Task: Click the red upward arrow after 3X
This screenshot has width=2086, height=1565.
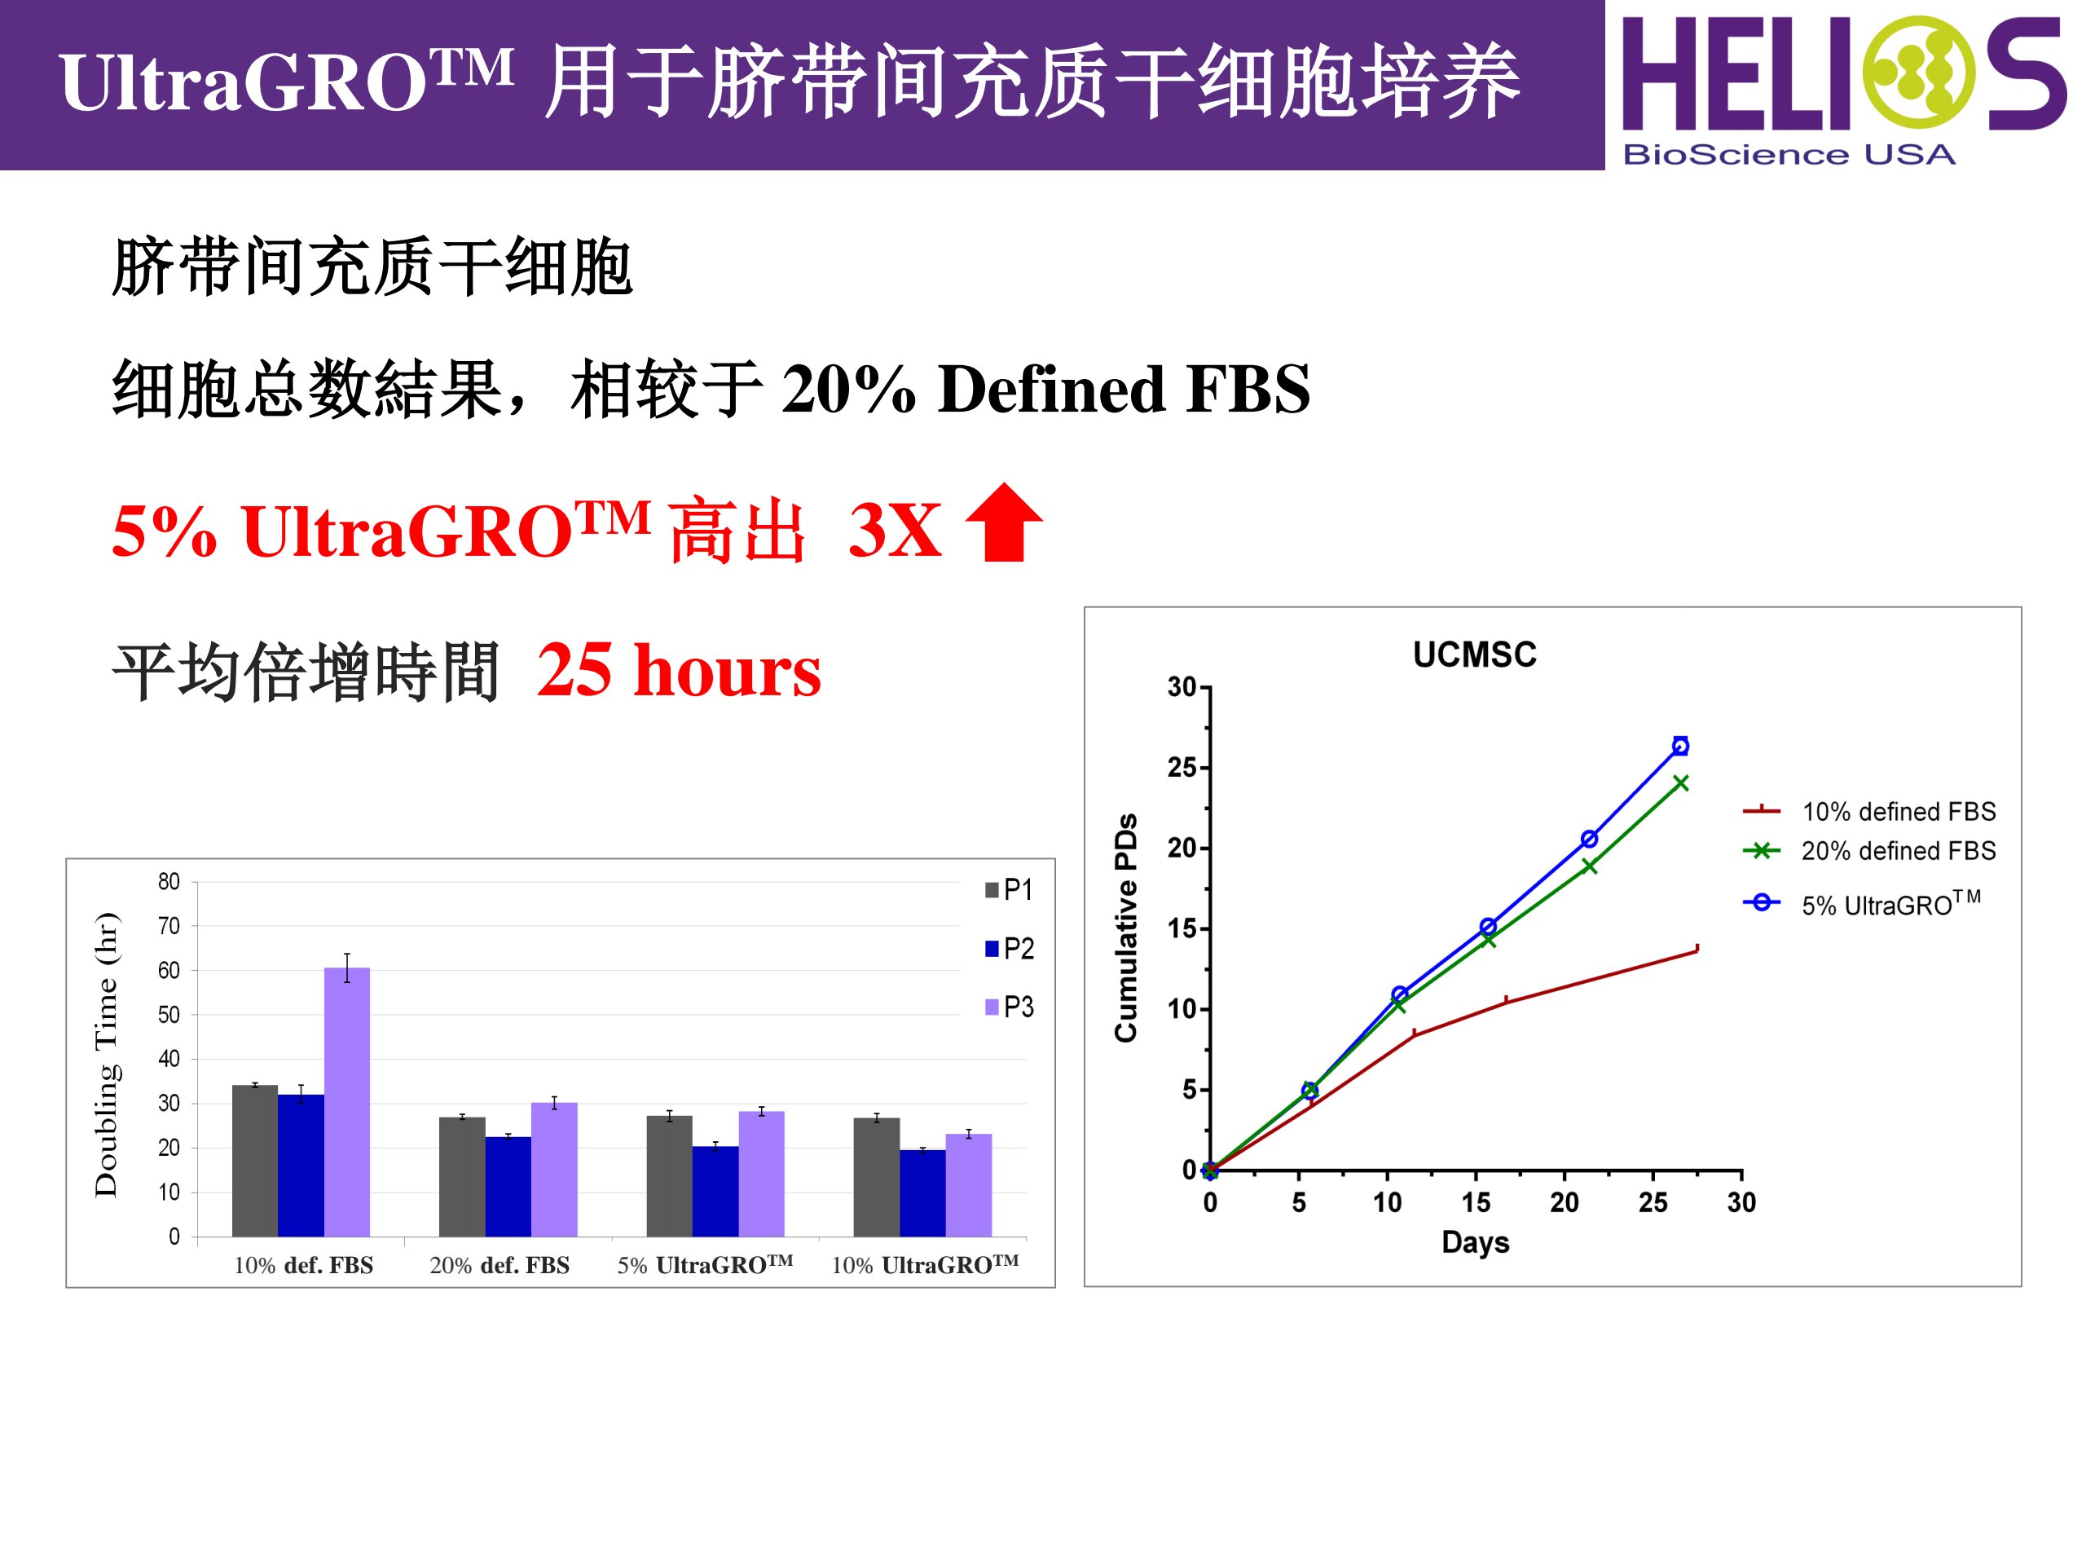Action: click(1005, 522)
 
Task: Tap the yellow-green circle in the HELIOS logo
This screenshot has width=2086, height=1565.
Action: click(1919, 72)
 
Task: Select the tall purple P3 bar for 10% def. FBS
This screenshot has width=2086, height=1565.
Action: click(347, 1102)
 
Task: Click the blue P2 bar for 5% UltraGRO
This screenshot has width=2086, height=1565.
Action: click(715, 1191)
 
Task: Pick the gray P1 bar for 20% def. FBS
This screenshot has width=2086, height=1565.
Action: click(462, 1176)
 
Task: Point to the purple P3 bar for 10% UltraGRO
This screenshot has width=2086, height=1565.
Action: click(969, 1185)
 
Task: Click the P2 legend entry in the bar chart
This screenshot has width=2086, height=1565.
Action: click(1009, 948)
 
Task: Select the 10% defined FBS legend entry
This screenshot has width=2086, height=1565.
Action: click(1868, 810)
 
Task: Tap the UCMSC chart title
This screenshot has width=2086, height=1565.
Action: click(1474, 655)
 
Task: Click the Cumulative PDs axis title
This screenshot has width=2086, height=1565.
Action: click(1126, 928)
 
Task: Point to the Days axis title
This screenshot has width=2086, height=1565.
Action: click(1475, 1242)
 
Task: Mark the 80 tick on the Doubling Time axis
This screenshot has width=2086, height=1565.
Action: click(169, 881)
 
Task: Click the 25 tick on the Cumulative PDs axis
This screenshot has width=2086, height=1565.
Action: click(1182, 767)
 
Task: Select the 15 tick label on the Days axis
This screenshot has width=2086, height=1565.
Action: click(1476, 1203)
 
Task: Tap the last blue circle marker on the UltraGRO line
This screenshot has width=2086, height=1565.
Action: click(1679, 745)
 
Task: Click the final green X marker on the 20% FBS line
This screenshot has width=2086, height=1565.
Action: click(1680, 782)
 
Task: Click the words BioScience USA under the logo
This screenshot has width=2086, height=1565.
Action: click(1789, 155)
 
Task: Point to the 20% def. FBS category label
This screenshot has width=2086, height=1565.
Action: click(499, 1265)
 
